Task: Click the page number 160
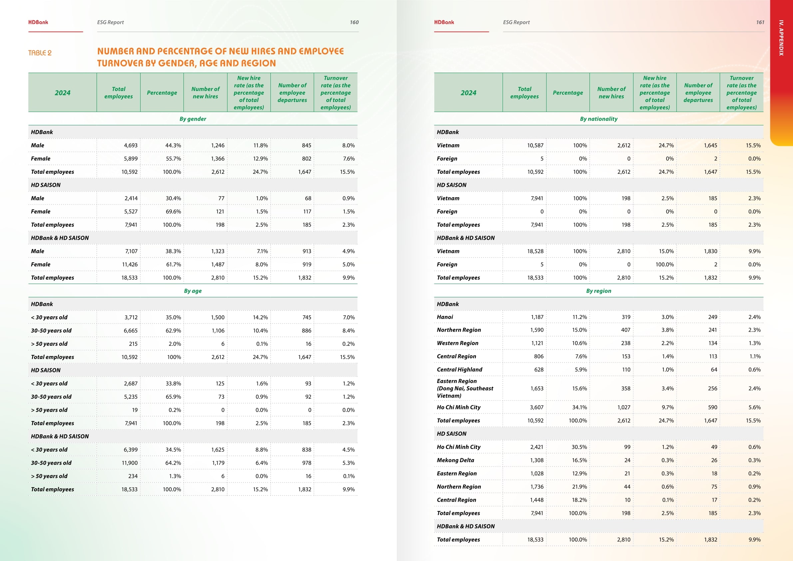(x=354, y=22)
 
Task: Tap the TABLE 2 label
(x=40, y=53)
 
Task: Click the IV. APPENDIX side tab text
(x=781, y=38)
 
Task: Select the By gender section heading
(x=193, y=119)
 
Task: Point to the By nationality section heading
(x=598, y=119)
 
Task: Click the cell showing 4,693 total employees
(x=131, y=146)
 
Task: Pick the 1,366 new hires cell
(x=217, y=159)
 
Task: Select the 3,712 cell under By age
(x=131, y=317)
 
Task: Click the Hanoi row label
(x=445, y=317)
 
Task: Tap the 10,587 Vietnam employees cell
(x=535, y=146)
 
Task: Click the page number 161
(x=760, y=22)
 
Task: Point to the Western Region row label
(x=457, y=343)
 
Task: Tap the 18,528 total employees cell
(x=535, y=251)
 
